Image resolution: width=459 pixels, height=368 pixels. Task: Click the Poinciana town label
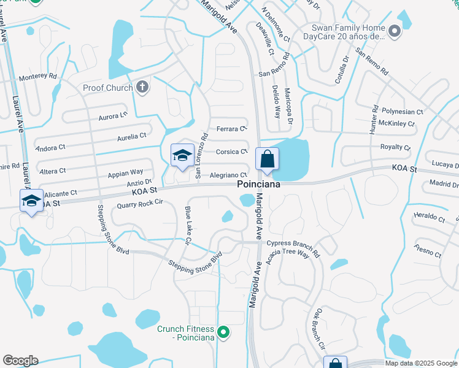click(x=258, y=185)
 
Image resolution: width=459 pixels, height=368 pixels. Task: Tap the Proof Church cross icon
click(x=142, y=87)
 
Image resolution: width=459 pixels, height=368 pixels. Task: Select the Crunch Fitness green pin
click(x=224, y=333)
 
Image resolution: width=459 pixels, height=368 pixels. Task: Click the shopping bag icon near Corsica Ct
click(x=267, y=159)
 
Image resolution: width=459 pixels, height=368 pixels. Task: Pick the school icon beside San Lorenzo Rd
click(x=182, y=156)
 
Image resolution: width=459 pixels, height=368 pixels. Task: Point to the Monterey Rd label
click(x=37, y=77)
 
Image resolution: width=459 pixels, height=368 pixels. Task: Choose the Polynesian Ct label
click(x=402, y=112)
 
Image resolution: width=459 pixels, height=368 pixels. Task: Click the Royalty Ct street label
click(x=395, y=147)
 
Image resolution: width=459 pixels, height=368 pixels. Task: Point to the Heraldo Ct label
click(x=428, y=217)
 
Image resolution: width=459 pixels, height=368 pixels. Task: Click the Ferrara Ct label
click(x=231, y=129)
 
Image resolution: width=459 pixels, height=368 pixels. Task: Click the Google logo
click(x=20, y=361)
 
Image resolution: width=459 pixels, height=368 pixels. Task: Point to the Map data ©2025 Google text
click(x=420, y=363)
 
